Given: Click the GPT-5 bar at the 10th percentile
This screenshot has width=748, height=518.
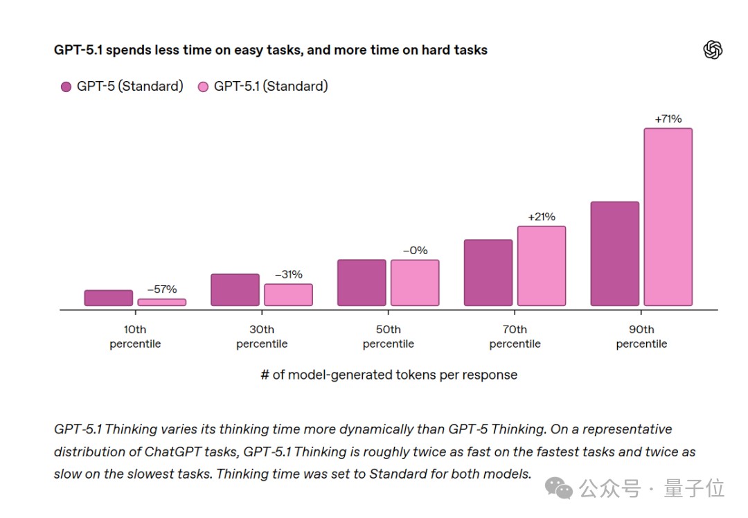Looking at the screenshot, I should coord(109,298).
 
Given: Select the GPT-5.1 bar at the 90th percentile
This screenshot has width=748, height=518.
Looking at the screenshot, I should coord(668,217).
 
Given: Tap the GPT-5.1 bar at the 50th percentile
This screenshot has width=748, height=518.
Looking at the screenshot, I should coord(415,283).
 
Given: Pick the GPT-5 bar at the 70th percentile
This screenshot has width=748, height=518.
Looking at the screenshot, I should coord(488,273).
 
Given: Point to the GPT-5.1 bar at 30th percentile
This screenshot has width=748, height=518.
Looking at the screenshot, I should coord(288,295).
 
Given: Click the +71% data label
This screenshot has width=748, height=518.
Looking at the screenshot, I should coord(668,119).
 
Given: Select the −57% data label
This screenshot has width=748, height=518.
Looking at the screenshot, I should coord(162,289).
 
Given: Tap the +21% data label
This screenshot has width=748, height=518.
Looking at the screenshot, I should coord(542,217).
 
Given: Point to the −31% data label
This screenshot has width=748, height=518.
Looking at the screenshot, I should coord(288,274).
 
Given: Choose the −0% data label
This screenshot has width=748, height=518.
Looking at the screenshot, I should coord(415,251).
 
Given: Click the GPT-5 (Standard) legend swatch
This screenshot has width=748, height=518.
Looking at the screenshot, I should coord(66,87).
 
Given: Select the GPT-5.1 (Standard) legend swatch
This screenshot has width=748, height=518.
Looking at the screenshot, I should coord(204,87).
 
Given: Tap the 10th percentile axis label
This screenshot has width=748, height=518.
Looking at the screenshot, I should coord(135,337).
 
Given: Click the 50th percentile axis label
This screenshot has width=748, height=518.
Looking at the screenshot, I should coord(389,337).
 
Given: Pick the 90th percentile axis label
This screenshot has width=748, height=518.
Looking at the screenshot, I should coord(641,337).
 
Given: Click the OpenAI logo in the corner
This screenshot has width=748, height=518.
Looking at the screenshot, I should coord(713,50).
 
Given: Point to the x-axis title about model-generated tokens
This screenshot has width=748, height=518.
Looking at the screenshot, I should coord(389,375).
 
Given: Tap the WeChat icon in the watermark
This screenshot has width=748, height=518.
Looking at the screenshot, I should coord(559,489).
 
